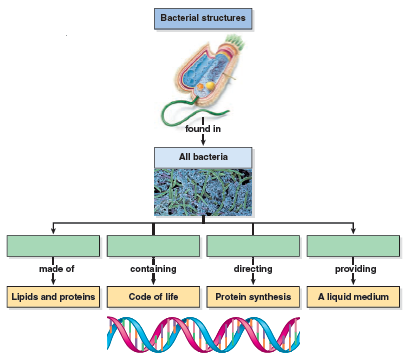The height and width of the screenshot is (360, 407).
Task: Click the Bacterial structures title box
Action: [x=203, y=17]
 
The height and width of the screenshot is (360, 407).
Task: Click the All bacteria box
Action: [x=203, y=157]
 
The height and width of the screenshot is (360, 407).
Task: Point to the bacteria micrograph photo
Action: [x=203, y=191]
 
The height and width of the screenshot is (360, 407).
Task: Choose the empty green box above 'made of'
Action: [x=53, y=246]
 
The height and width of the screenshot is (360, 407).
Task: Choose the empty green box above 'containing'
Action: [x=153, y=246]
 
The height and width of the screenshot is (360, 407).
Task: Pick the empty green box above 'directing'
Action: [x=252, y=246]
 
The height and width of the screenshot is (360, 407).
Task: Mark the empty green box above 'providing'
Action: [x=352, y=246]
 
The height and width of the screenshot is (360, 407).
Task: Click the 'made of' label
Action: [x=54, y=270]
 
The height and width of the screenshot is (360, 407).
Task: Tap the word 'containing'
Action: [x=153, y=270]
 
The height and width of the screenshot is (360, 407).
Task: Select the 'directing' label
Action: [x=252, y=270]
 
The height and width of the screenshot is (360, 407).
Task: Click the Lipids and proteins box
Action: [x=53, y=297]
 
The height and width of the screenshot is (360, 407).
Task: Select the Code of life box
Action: [x=153, y=297]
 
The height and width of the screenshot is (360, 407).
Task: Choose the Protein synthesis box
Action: [x=252, y=297]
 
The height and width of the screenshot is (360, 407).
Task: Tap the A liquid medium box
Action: [x=352, y=297]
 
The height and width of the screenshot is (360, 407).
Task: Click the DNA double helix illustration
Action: [x=203, y=335]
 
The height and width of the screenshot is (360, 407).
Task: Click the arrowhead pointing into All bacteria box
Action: [x=203, y=143]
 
